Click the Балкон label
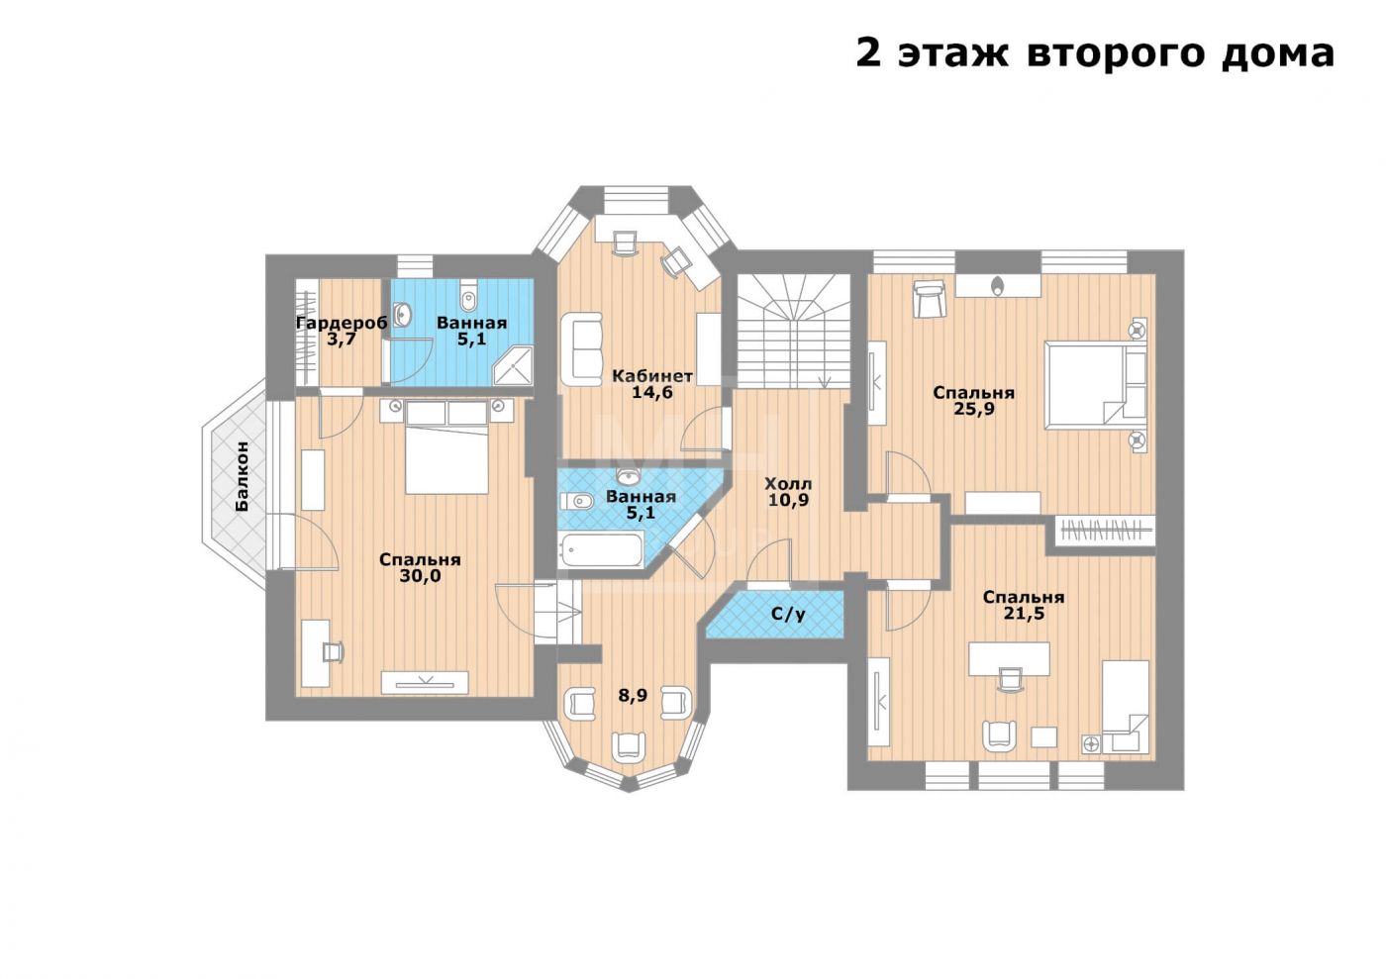pos(243,476)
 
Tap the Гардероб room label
pos(342,323)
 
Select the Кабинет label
pos(652,375)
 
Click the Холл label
pos(788,483)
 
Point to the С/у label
pos(788,614)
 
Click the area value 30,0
pos(420,576)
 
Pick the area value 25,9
pos(973,409)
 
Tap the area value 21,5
pos(1024,614)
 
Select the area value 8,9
pos(633,696)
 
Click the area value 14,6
pos(652,392)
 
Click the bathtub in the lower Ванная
pos(602,549)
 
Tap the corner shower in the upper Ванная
pos(513,366)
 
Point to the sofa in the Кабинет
pos(582,349)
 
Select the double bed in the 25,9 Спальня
pos(1095,385)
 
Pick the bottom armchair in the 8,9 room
pos(629,745)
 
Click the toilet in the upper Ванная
pos(468,296)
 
